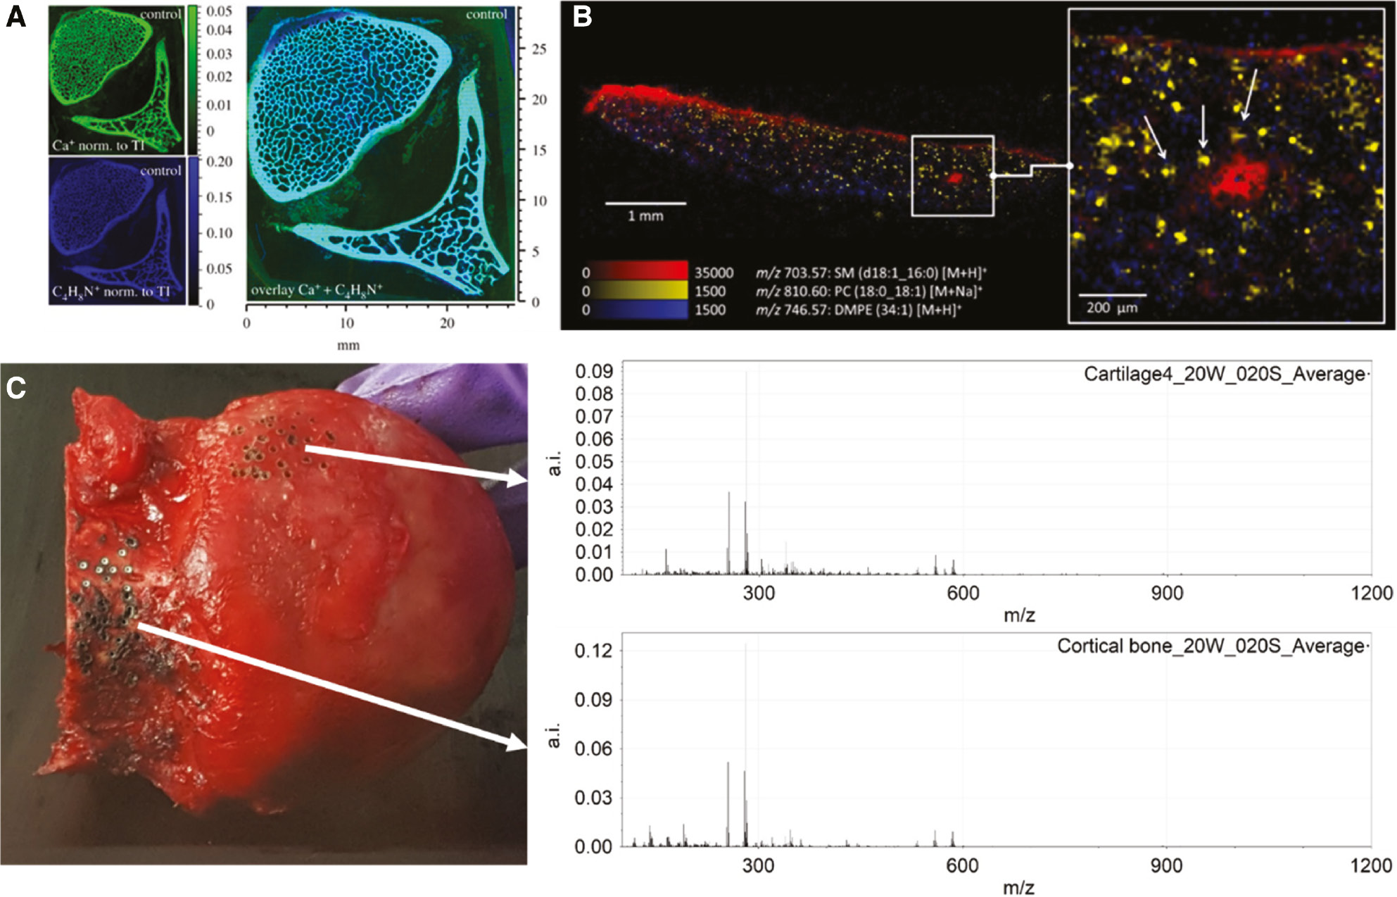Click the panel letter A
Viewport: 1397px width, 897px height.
click(x=15, y=16)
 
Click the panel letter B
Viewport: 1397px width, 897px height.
click(x=582, y=16)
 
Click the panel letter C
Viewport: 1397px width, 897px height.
click(x=15, y=388)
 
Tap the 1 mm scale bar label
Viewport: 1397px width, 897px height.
click(x=645, y=215)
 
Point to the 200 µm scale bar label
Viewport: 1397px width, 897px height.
click(x=1111, y=307)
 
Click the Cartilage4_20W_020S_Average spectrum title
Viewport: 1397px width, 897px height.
click(x=1225, y=374)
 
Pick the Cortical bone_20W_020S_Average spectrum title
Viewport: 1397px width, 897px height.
click(x=1211, y=646)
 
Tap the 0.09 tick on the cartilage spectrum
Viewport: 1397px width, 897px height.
click(x=594, y=371)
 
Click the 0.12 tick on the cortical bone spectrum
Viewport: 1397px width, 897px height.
click(x=594, y=651)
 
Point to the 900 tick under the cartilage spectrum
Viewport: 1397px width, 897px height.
click(x=1166, y=594)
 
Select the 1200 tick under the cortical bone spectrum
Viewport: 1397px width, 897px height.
click(x=1370, y=865)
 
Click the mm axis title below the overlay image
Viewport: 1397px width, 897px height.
click(x=348, y=345)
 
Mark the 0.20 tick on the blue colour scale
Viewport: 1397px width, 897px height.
click(x=220, y=161)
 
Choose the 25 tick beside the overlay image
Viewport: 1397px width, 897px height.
click(x=539, y=49)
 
